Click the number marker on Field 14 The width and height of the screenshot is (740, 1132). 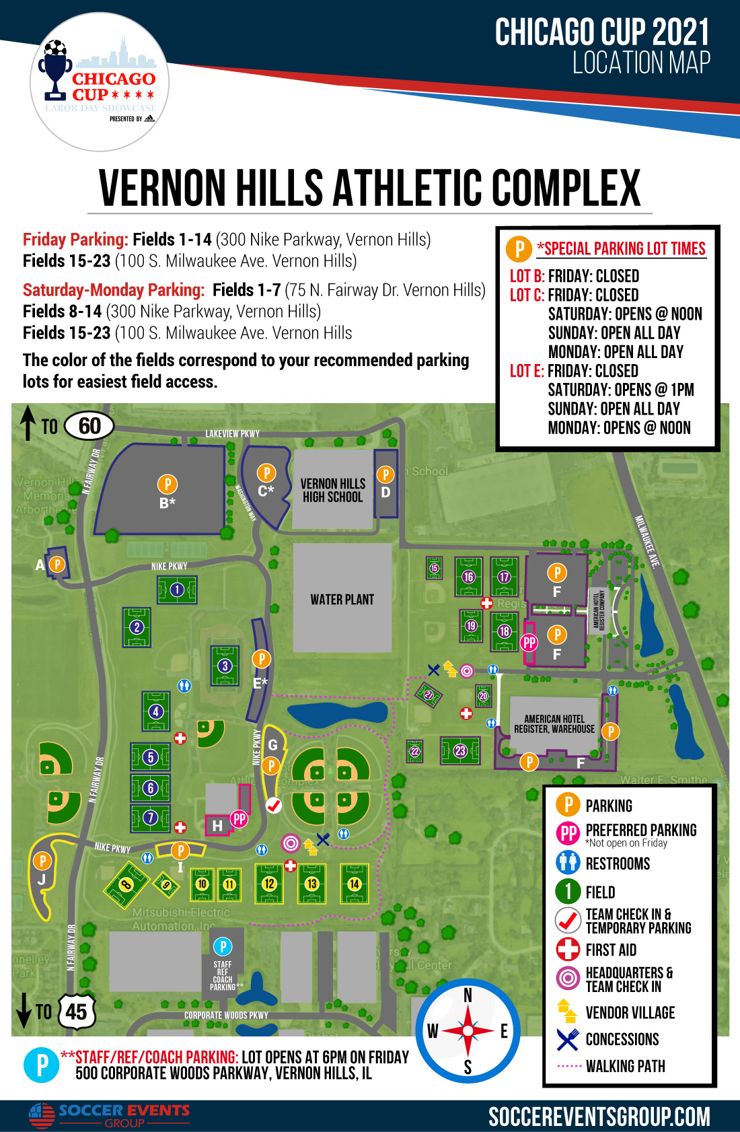[355, 884]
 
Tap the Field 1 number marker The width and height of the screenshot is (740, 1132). [177, 590]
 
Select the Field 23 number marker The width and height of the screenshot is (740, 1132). [460, 750]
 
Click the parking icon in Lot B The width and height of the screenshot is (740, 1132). [167, 484]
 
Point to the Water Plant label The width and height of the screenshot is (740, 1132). [342, 599]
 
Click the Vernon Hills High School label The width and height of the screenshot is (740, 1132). [332, 490]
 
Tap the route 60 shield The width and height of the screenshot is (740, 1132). [89, 426]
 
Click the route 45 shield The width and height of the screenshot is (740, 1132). [76, 1011]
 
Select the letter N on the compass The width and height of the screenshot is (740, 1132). [468, 995]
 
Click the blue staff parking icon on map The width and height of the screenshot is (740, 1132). [223, 947]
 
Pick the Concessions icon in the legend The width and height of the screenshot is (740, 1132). [568, 1039]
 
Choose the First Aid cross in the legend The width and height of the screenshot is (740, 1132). [568, 949]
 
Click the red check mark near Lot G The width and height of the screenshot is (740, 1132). [273, 804]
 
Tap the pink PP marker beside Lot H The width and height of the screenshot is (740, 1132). [239, 818]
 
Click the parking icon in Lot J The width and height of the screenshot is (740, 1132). [42, 861]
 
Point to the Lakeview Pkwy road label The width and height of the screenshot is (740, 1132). [232, 434]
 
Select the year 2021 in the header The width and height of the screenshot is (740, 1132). [680, 32]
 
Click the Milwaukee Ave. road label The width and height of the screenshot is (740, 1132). [646, 542]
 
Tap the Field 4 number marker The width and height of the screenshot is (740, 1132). [156, 711]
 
